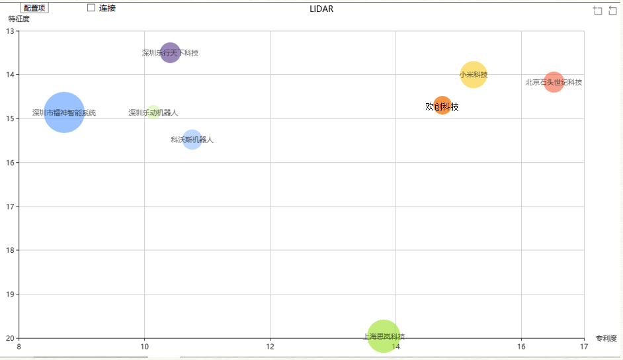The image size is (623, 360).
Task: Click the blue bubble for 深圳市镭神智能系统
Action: coord(63,112)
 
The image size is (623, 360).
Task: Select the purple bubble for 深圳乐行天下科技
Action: coord(170,52)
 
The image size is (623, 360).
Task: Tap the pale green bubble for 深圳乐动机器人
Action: coord(153,112)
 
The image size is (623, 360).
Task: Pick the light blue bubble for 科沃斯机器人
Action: coord(192,140)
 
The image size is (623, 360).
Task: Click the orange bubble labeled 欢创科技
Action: coord(442,106)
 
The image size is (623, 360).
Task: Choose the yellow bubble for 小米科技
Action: coord(473,75)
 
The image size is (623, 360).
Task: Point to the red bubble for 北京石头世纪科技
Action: coord(554,82)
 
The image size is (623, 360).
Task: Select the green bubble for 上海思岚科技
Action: coord(384,336)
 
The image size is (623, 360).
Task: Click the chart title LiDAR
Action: coord(321,9)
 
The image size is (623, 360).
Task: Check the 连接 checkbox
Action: coord(91,8)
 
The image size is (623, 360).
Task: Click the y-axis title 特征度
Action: coord(19,19)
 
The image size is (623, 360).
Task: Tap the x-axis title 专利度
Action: coord(606,338)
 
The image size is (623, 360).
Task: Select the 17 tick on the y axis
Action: coord(10,206)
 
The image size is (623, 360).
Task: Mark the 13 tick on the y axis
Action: coord(10,31)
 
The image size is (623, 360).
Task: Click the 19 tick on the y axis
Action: coord(10,294)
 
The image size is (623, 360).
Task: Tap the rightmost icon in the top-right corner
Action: coord(612,10)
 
